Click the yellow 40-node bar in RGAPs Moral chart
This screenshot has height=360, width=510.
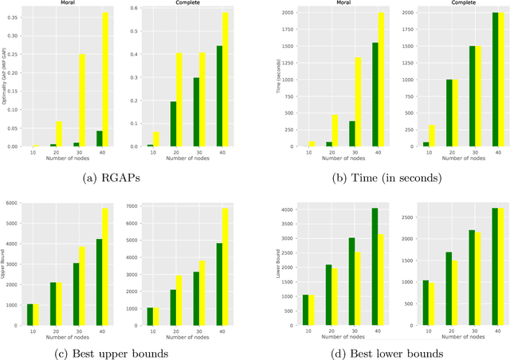pos(104,80)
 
